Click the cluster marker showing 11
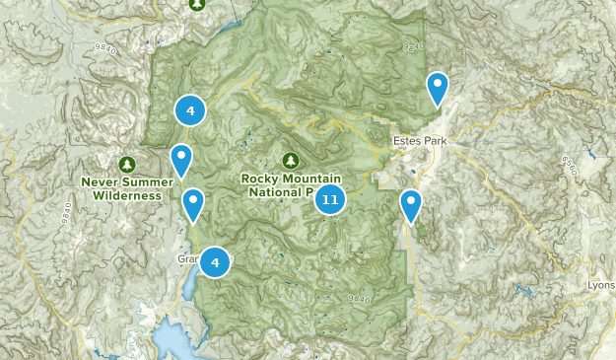coord(330,200)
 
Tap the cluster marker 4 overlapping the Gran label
coord(215,262)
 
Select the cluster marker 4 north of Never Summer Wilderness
coord(189,110)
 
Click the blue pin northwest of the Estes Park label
coord(437,88)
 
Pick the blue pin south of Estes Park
coord(411,205)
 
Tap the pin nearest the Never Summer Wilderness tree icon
coord(180,159)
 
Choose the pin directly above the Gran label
coord(193,203)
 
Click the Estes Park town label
coord(420,142)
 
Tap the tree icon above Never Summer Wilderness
coord(125,164)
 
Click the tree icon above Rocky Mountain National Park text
coord(290,160)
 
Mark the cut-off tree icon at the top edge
coord(196,4)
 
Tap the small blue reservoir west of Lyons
coord(523,291)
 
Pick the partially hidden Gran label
coord(188,259)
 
